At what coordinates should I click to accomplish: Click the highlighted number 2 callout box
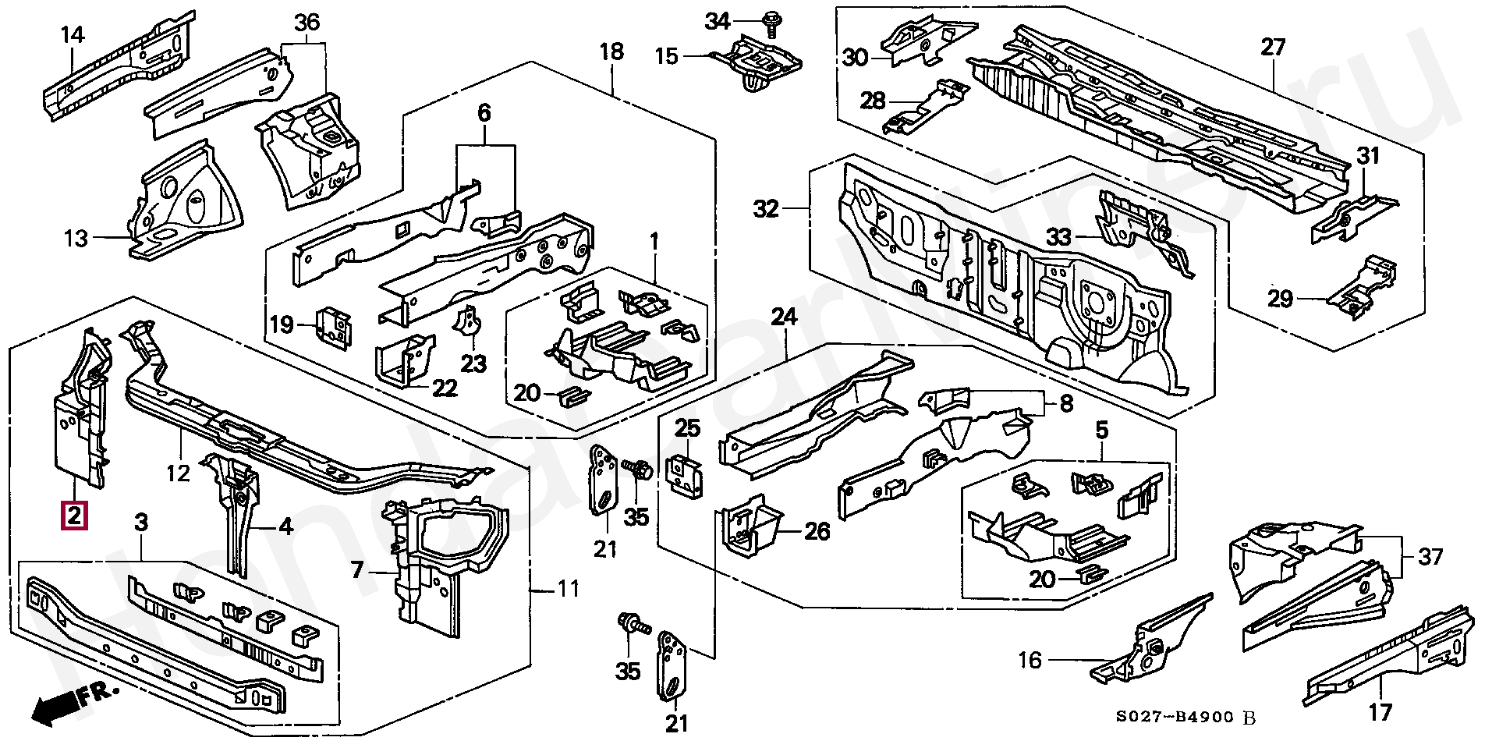coord(74,516)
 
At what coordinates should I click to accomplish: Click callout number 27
coord(1273,48)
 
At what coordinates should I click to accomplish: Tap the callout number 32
coord(767,209)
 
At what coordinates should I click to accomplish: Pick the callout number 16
coord(1030,661)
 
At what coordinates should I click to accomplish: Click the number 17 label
coord(1380,712)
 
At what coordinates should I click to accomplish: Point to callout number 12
coord(179,473)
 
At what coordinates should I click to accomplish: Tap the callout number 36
coord(307,23)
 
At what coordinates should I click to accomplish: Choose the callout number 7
coord(356,571)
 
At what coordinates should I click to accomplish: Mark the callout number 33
coord(1058,237)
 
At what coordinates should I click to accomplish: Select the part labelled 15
coord(757,58)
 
